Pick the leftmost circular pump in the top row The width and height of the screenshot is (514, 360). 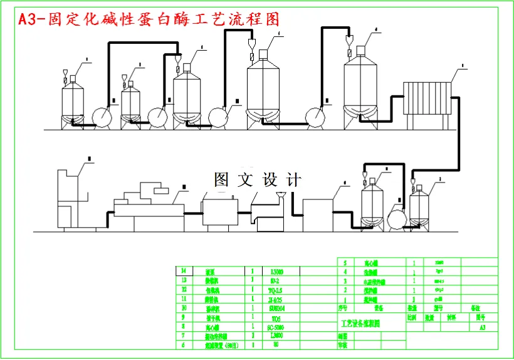[x=100, y=117]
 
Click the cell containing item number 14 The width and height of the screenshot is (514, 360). [x=184, y=272]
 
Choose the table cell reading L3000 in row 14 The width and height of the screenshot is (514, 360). [x=276, y=272]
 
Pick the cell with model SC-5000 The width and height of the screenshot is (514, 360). [x=276, y=327]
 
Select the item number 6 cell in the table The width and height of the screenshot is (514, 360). [x=184, y=345]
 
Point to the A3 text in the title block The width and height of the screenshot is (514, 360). [x=482, y=327]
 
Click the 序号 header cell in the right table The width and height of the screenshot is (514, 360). [x=342, y=309]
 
